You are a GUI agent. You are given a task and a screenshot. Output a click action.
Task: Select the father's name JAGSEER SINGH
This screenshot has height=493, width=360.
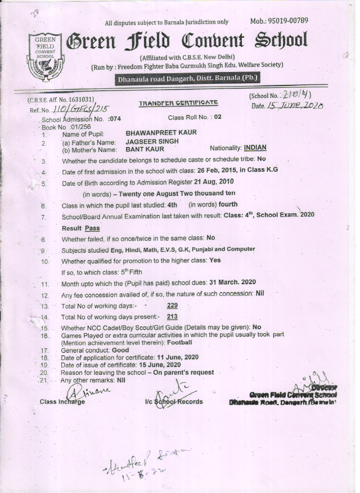click(x=152, y=142)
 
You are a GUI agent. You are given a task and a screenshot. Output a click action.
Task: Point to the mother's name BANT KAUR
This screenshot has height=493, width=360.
click(x=145, y=149)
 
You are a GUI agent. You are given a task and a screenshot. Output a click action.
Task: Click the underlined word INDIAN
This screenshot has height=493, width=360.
click(x=255, y=149)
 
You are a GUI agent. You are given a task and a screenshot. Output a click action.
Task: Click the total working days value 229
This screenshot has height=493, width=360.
click(x=173, y=306)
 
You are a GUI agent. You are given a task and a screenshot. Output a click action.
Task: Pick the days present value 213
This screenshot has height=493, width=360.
click(x=173, y=317)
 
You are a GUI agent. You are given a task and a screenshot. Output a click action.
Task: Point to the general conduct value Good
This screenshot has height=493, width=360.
click(x=120, y=349)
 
